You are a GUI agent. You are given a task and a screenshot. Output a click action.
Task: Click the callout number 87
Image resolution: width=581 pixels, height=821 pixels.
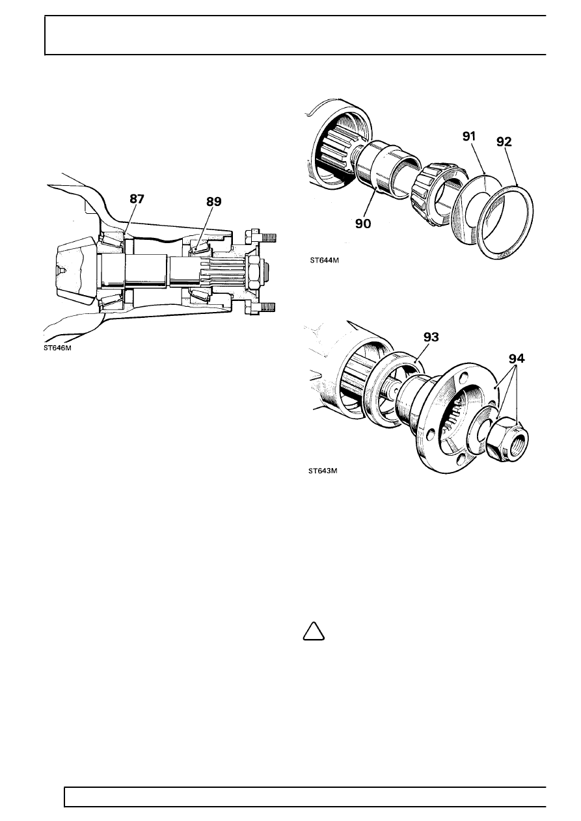[x=137, y=199]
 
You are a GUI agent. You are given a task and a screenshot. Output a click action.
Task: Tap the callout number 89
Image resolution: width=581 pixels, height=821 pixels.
[x=214, y=202]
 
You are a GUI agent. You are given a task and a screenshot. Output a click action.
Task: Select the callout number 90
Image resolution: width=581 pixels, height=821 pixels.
[x=363, y=224]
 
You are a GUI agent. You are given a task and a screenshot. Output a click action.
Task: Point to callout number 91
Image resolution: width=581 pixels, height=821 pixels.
[x=468, y=137]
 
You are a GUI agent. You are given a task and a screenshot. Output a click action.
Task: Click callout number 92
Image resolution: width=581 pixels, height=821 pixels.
[x=504, y=142]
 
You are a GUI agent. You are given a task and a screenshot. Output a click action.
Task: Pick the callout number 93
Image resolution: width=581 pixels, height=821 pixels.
[x=431, y=337]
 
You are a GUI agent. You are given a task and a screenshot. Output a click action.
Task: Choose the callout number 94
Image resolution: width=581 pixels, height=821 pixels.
[x=517, y=358]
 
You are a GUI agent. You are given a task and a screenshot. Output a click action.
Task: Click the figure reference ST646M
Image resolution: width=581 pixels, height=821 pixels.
[x=58, y=348]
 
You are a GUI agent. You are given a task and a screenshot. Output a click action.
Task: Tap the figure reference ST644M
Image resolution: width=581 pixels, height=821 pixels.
[x=324, y=260]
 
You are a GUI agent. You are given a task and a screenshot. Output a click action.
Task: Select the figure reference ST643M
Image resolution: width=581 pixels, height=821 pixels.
[x=323, y=471]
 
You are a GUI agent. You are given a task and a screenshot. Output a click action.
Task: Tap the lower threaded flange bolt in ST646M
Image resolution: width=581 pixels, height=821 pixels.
[x=260, y=307]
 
